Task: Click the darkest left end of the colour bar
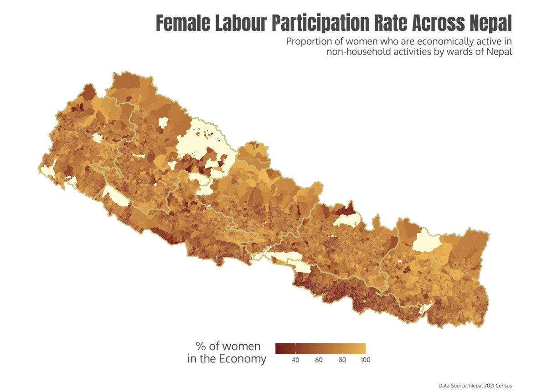click(278, 348)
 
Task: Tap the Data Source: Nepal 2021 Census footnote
click(475, 386)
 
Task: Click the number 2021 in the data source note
click(490, 386)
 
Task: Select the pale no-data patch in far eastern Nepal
click(426, 240)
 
